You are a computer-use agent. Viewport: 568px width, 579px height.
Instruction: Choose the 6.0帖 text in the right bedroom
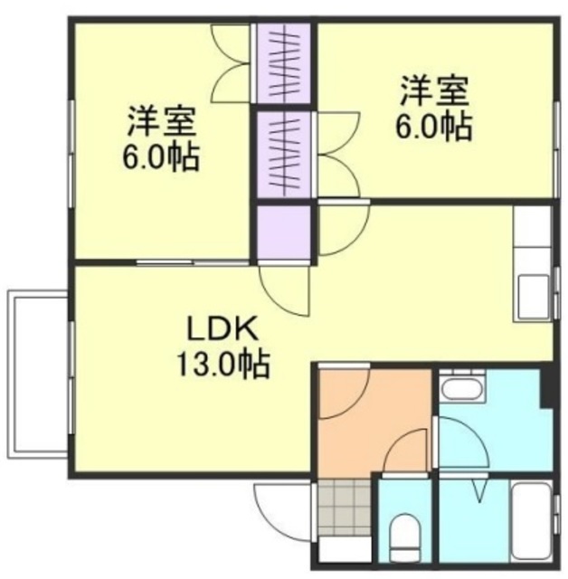pos(432,127)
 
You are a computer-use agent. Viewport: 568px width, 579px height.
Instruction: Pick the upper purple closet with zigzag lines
pos(283,63)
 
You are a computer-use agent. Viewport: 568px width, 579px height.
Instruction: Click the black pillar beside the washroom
pos(545,384)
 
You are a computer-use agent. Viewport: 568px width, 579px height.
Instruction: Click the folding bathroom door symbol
pos(480,492)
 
